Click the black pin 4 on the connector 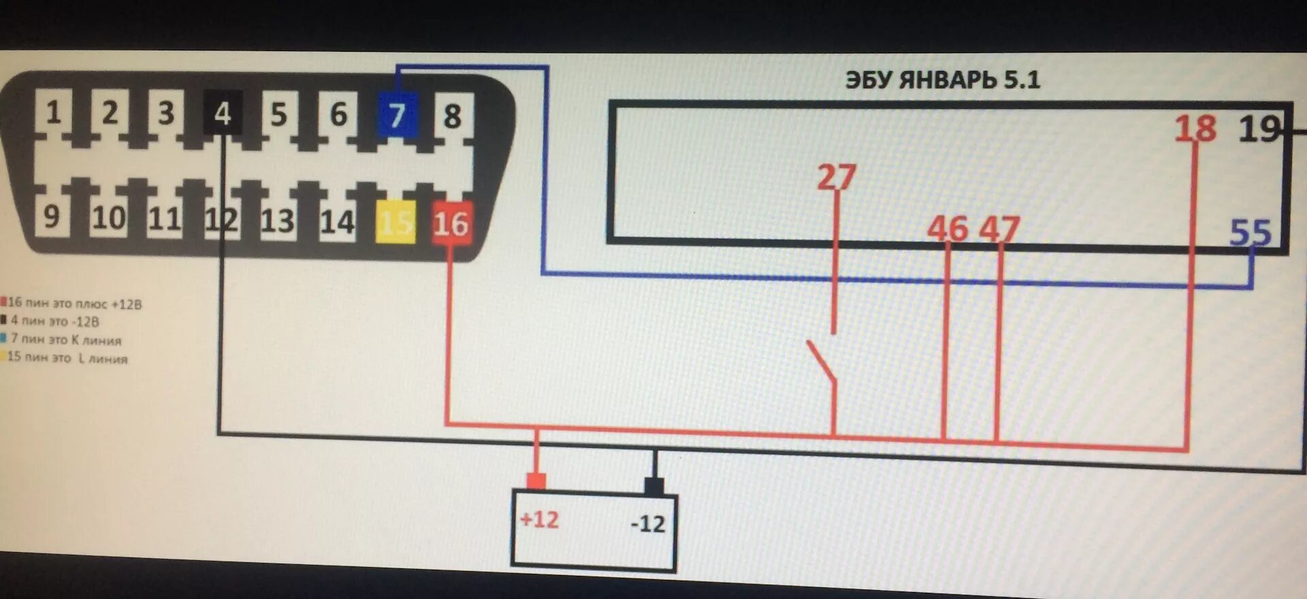pos(223,113)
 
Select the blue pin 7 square pos(397,114)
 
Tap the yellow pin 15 pos(396,222)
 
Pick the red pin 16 pos(451,223)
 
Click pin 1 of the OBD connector pos(53,112)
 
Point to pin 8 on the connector pos(453,116)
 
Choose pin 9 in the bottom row pos(51,216)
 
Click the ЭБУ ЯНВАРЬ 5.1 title pos(942,80)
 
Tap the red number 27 pos(836,178)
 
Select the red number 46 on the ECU pos(947,229)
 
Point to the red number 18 pos(1195,129)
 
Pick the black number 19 pos(1259,129)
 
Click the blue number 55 pos(1250,233)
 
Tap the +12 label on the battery pos(539,520)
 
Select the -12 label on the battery pos(647,523)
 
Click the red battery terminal pos(536,481)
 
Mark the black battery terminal pos(654,485)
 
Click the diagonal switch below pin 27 pos(821,360)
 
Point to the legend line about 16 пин pos(74,304)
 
